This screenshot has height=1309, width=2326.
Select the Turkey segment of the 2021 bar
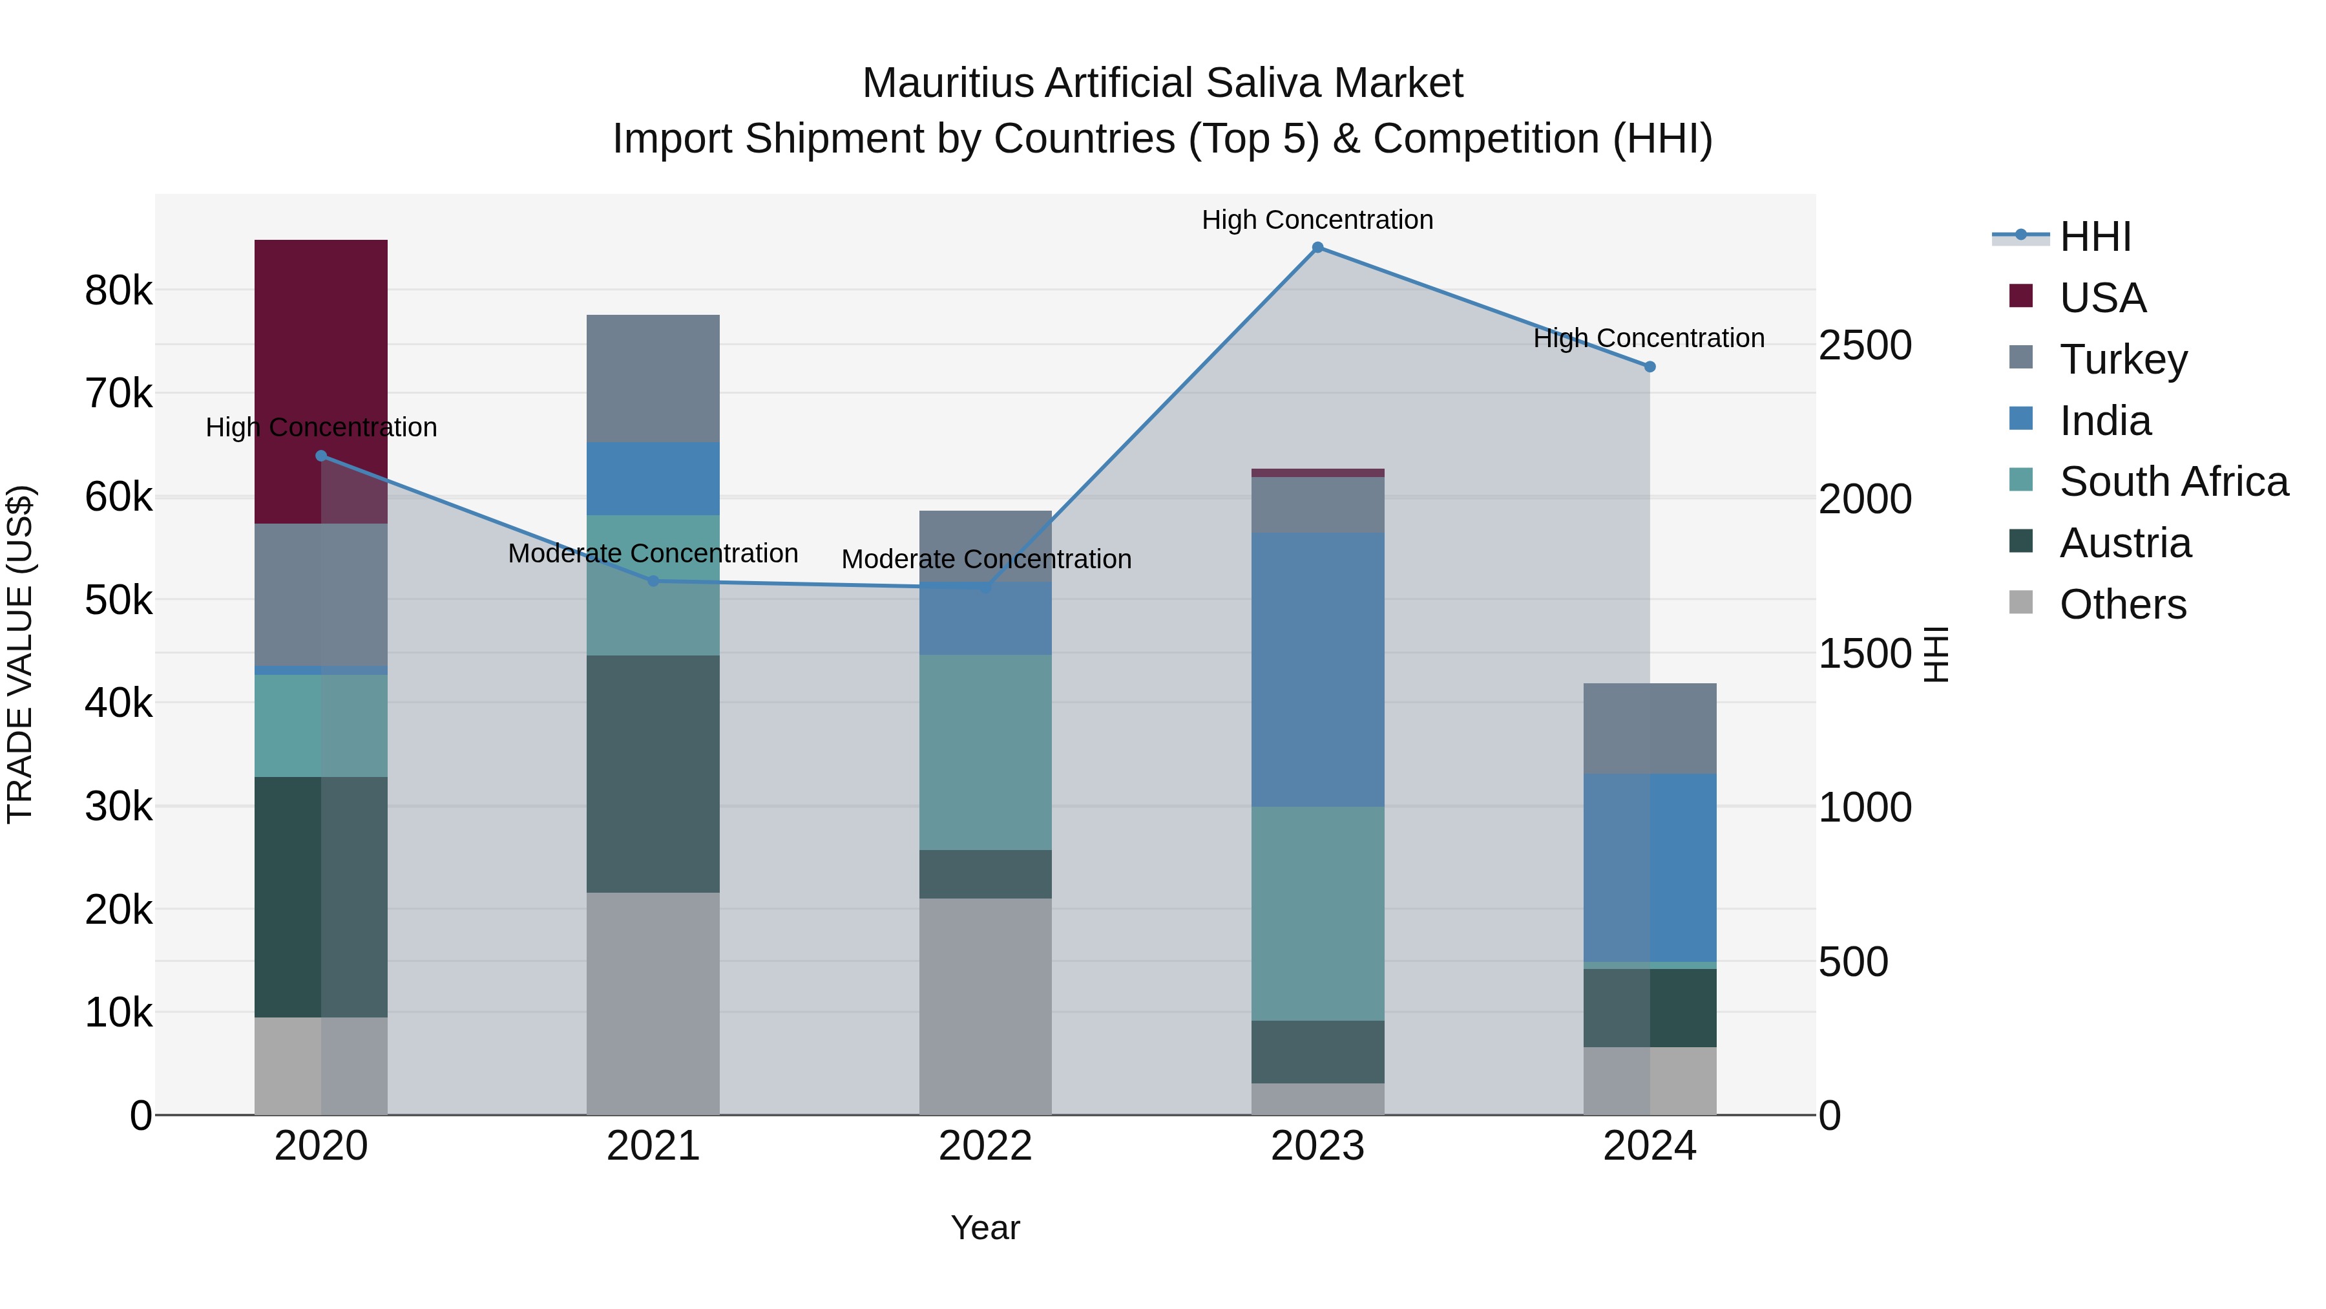[653, 378]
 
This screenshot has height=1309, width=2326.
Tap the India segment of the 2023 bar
[1317, 668]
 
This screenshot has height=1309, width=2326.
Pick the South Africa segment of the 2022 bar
[985, 752]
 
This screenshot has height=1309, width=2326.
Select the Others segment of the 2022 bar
[985, 1005]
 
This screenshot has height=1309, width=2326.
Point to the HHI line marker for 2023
[1317, 248]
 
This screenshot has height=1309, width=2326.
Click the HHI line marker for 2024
[1650, 367]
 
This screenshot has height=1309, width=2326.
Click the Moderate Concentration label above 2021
[653, 553]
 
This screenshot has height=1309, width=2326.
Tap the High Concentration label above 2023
[1317, 220]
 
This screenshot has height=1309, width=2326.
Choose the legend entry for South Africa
[2174, 482]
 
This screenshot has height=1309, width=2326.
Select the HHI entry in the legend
[2095, 237]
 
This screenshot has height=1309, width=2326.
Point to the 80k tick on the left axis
[118, 291]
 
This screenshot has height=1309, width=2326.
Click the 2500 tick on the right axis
[1865, 345]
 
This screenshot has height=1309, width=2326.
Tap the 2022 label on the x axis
[985, 1146]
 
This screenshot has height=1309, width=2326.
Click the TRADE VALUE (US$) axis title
[20, 654]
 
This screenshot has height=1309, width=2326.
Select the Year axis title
[985, 1228]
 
